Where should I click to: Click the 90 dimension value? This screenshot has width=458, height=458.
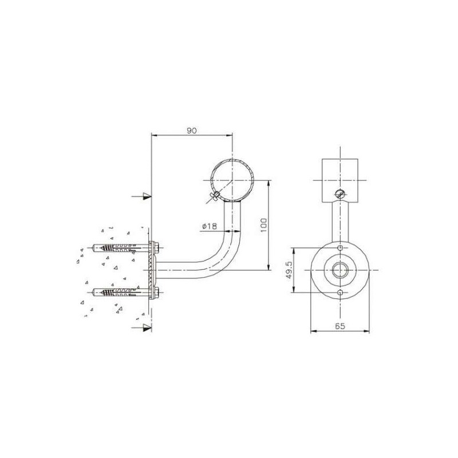[x=192, y=131]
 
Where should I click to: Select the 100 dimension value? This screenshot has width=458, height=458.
[x=263, y=225]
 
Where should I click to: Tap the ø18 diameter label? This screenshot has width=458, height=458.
[x=210, y=226]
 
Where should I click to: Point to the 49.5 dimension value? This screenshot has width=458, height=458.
[x=289, y=270]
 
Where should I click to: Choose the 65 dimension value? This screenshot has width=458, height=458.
[x=340, y=326]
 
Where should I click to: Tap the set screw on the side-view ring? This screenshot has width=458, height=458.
[x=215, y=196]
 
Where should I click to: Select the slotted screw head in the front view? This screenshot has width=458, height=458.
[x=340, y=194]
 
